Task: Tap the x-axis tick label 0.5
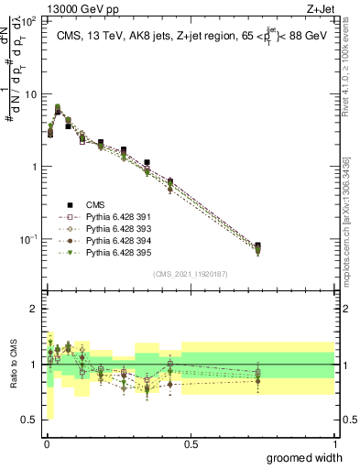click(191, 444)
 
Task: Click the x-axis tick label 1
click(334, 444)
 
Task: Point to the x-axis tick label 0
click(47, 444)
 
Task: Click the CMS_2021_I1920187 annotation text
click(191, 274)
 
